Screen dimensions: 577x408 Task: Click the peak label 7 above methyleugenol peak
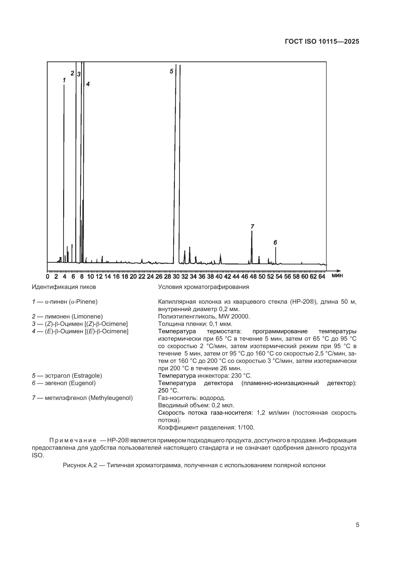(x=253, y=226)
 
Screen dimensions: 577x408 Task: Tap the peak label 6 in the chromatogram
(x=275, y=242)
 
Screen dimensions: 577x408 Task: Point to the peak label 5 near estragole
(x=171, y=71)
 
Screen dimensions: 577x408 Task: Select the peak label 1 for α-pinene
(x=64, y=80)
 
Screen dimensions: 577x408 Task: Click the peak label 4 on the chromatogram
(x=88, y=84)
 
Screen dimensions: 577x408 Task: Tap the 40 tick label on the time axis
(x=219, y=277)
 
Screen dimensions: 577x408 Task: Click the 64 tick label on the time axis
(x=322, y=277)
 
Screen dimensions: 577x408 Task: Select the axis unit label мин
(x=337, y=276)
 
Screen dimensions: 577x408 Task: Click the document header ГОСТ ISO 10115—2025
(x=322, y=42)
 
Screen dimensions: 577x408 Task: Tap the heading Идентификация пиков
(x=64, y=287)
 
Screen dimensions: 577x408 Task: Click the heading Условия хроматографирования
(x=204, y=287)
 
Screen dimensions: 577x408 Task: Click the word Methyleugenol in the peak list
(x=111, y=398)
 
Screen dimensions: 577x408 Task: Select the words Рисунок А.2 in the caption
(x=80, y=465)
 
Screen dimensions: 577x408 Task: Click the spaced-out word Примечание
(x=73, y=440)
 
